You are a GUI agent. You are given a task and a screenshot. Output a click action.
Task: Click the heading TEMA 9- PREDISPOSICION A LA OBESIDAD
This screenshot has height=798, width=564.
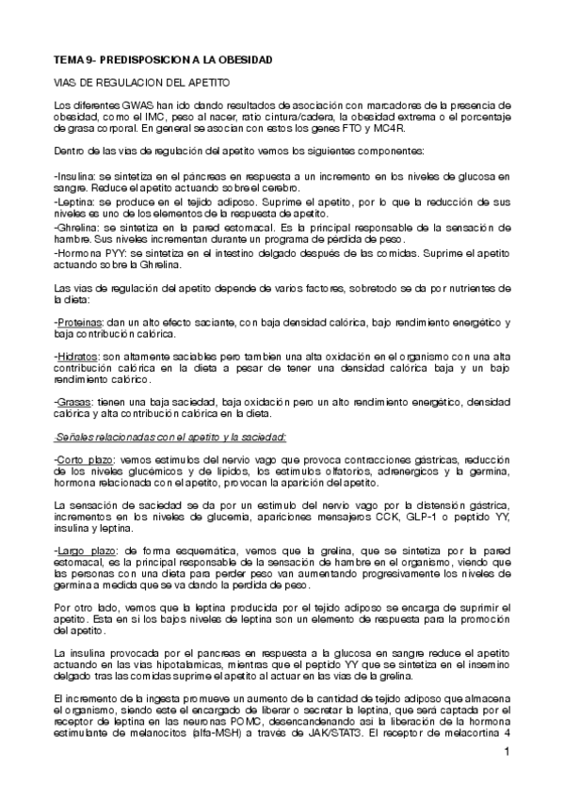pos(163,59)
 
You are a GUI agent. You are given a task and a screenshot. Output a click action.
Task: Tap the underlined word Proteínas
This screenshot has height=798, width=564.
pos(80,323)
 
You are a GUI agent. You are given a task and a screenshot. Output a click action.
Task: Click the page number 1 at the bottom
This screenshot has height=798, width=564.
pos(507,752)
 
